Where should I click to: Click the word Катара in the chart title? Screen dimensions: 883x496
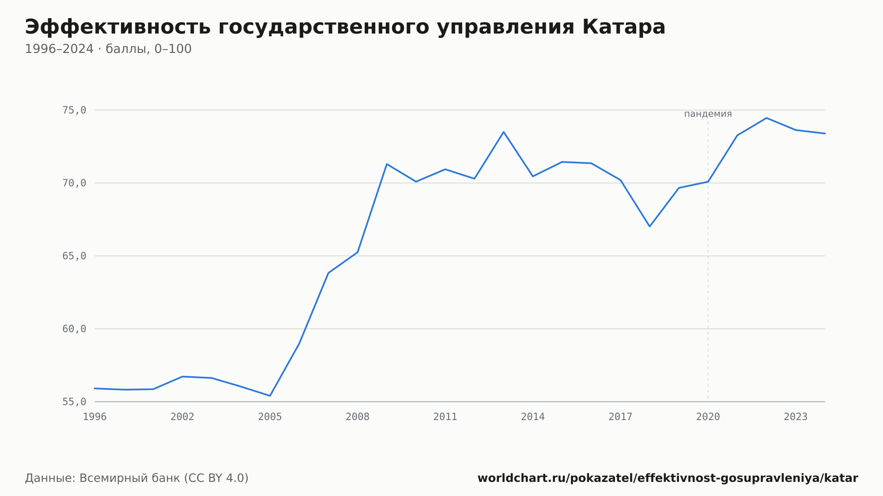pyautogui.click(x=623, y=27)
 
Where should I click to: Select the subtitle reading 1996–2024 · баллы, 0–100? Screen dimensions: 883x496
pyautogui.click(x=108, y=49)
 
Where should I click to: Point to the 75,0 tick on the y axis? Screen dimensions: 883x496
pyautogui.click(x=74, y=110)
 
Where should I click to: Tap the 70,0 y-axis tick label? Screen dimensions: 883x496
pyautogui.click(x=74, y=183)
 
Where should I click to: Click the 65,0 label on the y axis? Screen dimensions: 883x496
pyautogui.click(x=74, y=256)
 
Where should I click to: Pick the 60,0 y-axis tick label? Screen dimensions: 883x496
pyautogui.click(x=74, y=329)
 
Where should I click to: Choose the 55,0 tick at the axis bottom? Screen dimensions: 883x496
pyautogui.click(x=74, y=402)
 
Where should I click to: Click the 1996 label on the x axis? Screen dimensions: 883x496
pyautogui.click(x=95, y=417)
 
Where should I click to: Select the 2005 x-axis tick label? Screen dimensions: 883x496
pyautogui.click(x=270, y=417)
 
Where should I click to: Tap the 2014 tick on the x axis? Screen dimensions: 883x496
pyautogui.click(x=533, y=417)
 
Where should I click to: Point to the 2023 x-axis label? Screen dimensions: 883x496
pyautogui.click(x=796, y=417)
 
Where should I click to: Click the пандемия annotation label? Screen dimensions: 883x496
pyautogui.click(x=708, y=114)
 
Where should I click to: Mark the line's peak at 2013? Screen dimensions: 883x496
pyautogui.click(x=504, y=132)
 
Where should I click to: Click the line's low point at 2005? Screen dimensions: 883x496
pyautogui.click(x=270, y=396)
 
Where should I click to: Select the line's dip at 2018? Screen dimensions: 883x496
pyautogui.click(x=649, y=226)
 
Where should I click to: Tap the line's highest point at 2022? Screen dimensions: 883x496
pyautogui.click(x=766, y=118)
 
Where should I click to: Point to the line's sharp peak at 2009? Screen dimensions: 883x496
pyautogui.click(x=387, y=164)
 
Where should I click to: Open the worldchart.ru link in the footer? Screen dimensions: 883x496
pyautogui.click(x=668, y=478)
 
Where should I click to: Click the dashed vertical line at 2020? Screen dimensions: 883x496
pyautogui.click(x=708, y=260)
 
